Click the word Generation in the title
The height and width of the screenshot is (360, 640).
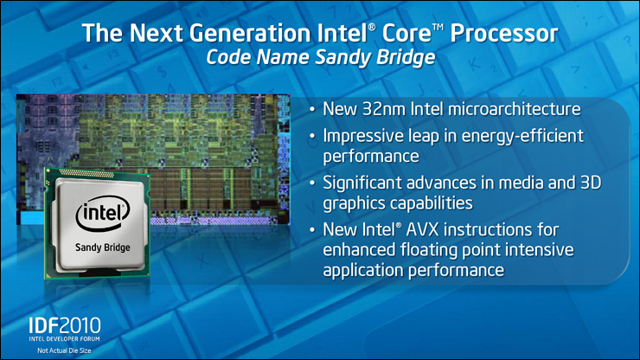(x=250, y=33)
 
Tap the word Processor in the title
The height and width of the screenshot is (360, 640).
(x=503, y=33)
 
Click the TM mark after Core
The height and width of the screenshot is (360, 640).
(x=438, y=28)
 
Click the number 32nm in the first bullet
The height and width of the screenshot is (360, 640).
(x=383, y=109)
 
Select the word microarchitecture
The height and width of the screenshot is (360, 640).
(x=514, y=109)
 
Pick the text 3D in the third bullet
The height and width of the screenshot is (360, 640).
(x=591, y=183)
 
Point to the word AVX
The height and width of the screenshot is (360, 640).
(x=422, y=229)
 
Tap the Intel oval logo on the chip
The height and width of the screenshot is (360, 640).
(x=102, y=214)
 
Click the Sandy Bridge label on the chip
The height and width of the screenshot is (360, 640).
(x=102, y=247)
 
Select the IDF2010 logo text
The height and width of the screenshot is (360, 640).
(x=65, y=326)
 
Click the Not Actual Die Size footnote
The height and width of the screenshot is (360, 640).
(x=64, y=350)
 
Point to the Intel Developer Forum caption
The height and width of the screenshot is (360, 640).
(x=64, y=338)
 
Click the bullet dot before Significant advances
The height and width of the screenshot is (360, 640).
(x=312, y=183)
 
